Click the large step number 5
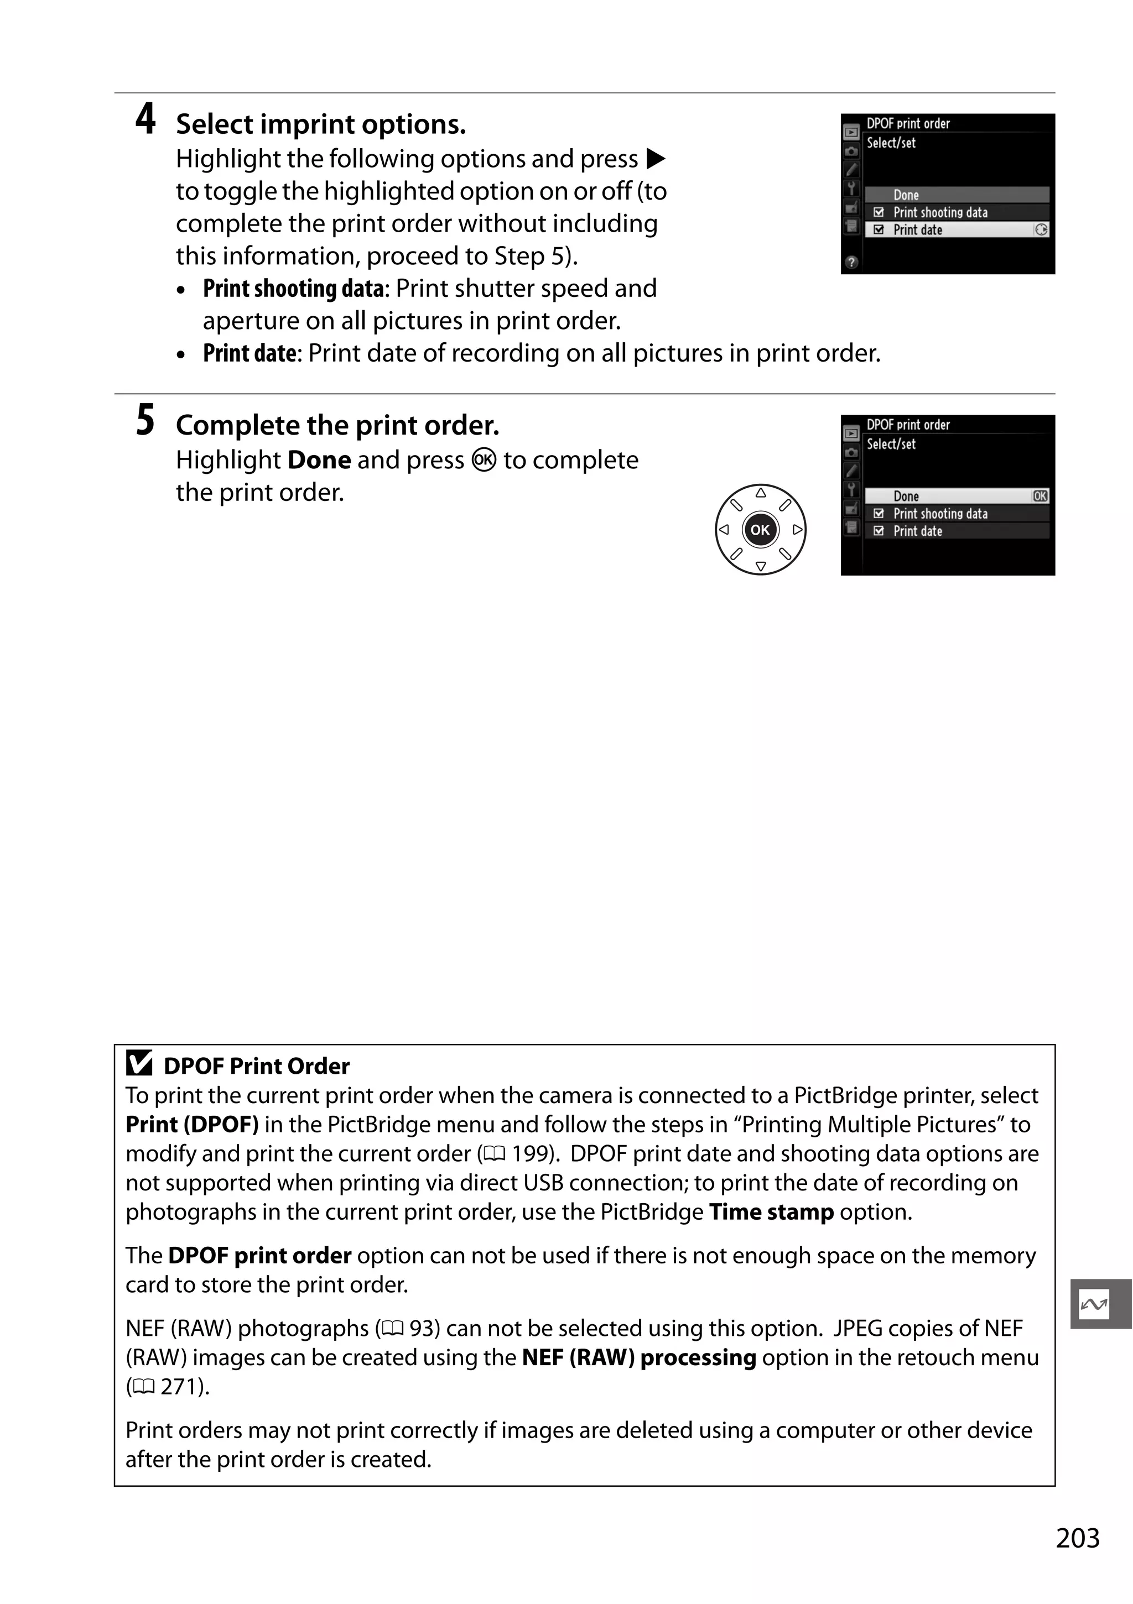coord(145,421)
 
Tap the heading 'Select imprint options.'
coord(320,124)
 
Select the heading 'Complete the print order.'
coord(337,425)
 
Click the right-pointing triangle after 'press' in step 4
coord(656,159)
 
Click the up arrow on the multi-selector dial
coord(761,493)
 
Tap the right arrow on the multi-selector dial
coord(797,530)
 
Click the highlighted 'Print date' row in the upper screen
coord(956,230)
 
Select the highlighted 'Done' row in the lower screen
coord(956,496)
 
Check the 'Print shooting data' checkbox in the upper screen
coord(879,212)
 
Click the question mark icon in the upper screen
coord(851,263)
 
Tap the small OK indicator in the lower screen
coord(1040,496)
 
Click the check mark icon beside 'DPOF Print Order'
coord(139,1064)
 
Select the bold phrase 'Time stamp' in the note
coord(771,1212)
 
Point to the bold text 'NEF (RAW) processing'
coord(639,1357)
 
